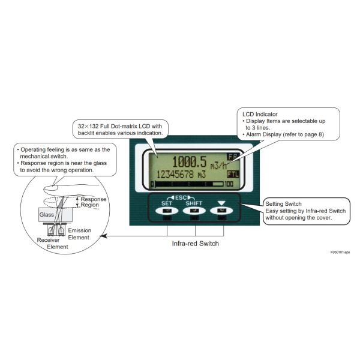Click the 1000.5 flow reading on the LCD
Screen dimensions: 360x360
(x=191, y=161)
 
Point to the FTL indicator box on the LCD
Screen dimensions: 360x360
(x=232, y=173)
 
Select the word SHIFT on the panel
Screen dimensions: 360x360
(x=194, y=203)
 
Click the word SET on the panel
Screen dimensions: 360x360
(x=166, y=203)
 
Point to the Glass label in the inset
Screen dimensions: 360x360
(x=47, y=214)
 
